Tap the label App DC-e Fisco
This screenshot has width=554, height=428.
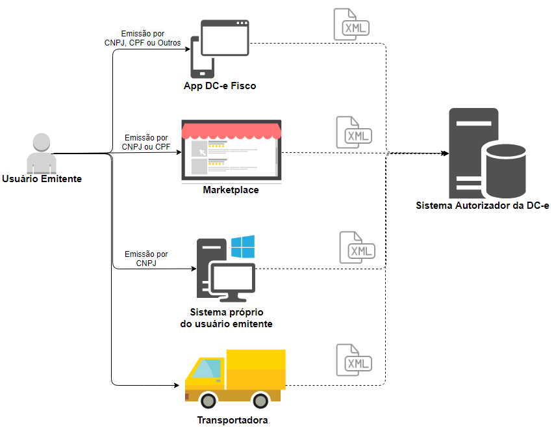click(220, 86)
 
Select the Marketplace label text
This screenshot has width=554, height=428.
click(231, 190)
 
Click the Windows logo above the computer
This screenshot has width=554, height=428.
click(243, 247)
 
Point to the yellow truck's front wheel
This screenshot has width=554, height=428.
click(208, 401)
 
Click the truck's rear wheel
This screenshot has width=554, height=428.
click(260, 401)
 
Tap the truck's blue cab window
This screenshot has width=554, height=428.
click(207, 368)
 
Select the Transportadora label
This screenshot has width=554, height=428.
click(232, 420)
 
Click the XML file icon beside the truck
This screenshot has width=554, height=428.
click(354, 360)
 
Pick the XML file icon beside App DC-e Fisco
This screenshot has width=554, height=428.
click(351, 25)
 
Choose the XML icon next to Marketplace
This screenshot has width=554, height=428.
click(354, 132)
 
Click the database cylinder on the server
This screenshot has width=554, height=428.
click(506, 171)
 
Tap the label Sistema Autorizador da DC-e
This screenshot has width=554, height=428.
click(483, 206)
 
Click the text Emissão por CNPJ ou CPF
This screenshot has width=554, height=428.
click(146, 142)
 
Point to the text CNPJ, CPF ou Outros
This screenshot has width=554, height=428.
click(142, 43)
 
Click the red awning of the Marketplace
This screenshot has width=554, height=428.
click(231, 131)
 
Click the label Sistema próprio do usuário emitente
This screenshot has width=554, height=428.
click(227, 318)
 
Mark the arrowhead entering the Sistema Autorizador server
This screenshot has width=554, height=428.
click(446, 153)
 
